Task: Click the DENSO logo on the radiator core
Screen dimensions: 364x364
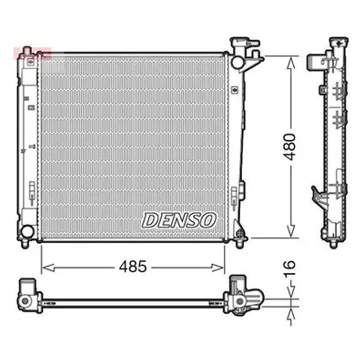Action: click(x=179, y=220)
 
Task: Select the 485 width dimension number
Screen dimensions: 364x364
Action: click(x=133, y=267)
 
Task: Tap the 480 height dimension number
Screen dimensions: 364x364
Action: click(x=290, y=147)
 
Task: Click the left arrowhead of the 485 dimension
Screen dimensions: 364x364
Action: click(x=47, y=268)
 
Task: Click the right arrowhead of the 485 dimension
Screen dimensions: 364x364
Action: click(x=217, y=268)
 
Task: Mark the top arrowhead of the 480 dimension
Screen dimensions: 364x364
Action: click(x=291, y=65)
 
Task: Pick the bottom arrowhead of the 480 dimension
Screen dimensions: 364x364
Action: click(x=291, y=230)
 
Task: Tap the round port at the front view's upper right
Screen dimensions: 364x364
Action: click(x=237, y=62)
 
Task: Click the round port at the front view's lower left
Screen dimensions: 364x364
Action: click(x=27, y=231)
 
